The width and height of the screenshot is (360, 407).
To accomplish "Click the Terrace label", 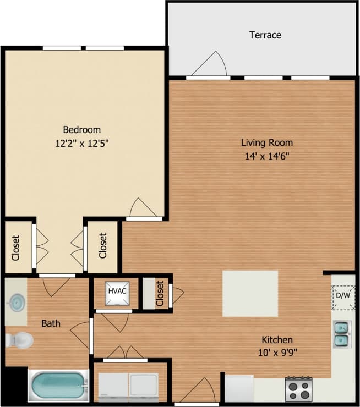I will click(265, 35).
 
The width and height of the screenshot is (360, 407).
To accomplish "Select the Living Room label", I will click(266, 143).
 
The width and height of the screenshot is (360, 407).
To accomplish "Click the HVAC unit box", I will click(117, 290).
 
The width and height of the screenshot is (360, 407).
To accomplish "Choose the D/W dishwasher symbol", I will click(343, 296).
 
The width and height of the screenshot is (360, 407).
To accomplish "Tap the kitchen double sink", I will click(342, 334).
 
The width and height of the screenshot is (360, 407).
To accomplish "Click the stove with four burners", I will click(298, 390).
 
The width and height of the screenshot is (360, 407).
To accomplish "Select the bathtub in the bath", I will click(58, 387).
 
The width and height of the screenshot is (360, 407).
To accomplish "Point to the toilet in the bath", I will click(19, 340).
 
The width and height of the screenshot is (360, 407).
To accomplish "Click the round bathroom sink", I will click(17, 302).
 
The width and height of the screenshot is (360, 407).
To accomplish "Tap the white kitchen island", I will click(250, 293).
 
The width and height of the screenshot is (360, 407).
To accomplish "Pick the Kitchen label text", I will click(277, 340).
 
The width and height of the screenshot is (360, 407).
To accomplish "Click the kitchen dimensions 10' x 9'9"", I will click(277, 353).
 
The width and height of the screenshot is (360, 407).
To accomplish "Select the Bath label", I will click(51, 323).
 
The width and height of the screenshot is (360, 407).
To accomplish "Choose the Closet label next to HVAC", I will click(160, 293).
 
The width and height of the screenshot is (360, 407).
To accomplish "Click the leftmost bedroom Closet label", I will click(16, 248).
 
